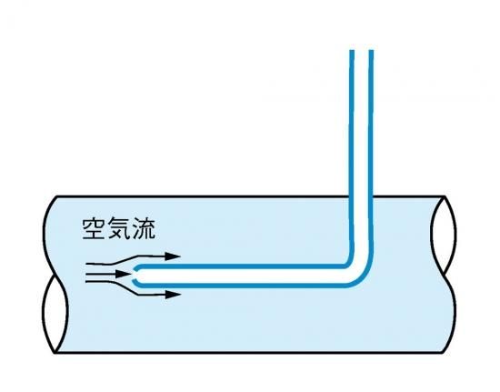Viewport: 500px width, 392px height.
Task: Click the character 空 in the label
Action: click(x=94, y=228)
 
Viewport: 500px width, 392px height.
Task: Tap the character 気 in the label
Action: click(x=119, y=228)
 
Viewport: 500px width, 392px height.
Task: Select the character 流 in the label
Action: click(x=144, y=228)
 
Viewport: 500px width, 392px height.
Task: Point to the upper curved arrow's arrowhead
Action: click(x=173, y=256)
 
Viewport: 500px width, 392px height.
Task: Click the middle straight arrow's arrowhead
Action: click(x=123, y=274)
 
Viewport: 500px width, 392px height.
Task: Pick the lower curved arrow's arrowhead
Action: click(x=173, y=295)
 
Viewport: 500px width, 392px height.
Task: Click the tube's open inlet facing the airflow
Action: click(x=135, y=274)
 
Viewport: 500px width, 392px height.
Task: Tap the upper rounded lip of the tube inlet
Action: click(x=136, y=267)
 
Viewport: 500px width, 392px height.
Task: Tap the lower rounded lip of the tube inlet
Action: click(x=136, y=281)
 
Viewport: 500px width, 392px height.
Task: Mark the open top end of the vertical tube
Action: click(x=361, y=50)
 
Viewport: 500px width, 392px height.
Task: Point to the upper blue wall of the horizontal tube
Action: click(x=243, y=266)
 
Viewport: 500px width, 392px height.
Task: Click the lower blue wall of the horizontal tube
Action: click(x=243, y=285)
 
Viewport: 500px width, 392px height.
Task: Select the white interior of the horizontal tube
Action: click(x=243, y=276)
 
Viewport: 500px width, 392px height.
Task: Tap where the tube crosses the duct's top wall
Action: click(x=361, y=196)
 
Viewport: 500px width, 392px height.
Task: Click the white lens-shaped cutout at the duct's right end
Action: click(x=444, y=236)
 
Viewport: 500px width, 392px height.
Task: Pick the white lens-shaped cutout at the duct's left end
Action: click(x=55, y=313)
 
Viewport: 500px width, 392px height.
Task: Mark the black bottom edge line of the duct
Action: click(x=249, y=353)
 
